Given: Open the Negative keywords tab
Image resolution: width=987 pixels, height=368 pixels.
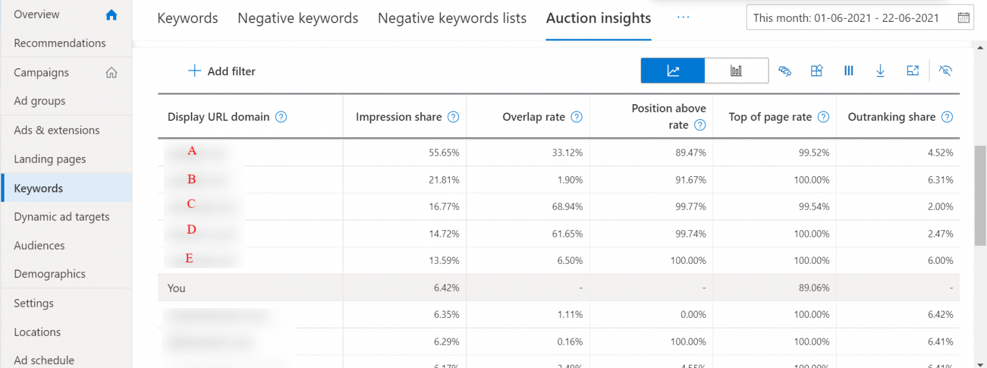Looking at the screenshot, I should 298,19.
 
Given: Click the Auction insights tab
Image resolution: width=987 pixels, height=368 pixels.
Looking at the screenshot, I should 598,19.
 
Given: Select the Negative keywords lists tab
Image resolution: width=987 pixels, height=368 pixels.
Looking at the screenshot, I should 452,19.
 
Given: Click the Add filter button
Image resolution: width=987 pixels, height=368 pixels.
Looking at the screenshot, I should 222,71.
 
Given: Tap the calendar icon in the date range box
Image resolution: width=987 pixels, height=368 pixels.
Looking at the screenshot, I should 964,18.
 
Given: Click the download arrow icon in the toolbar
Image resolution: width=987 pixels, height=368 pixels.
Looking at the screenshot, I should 880,71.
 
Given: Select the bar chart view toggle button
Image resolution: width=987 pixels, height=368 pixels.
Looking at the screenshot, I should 736,71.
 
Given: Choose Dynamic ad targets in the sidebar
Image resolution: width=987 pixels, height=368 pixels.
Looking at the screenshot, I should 62,217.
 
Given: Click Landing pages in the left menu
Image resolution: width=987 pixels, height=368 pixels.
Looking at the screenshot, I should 49,159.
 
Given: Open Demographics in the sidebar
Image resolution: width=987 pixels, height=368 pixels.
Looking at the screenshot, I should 49,274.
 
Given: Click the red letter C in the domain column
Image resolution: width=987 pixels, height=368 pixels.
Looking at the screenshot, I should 191,204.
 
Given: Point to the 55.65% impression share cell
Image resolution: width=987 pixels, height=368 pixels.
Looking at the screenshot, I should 443,152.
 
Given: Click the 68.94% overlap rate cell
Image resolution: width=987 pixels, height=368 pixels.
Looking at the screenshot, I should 567,207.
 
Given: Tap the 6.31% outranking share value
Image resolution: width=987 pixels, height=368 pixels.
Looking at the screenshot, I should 940,179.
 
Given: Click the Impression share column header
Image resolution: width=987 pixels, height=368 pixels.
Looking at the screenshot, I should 398,117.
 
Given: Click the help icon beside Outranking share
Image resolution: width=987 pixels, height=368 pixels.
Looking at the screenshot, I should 947,117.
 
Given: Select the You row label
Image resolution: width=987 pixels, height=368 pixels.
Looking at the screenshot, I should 177,288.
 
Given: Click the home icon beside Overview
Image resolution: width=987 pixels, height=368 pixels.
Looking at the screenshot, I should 111,15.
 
